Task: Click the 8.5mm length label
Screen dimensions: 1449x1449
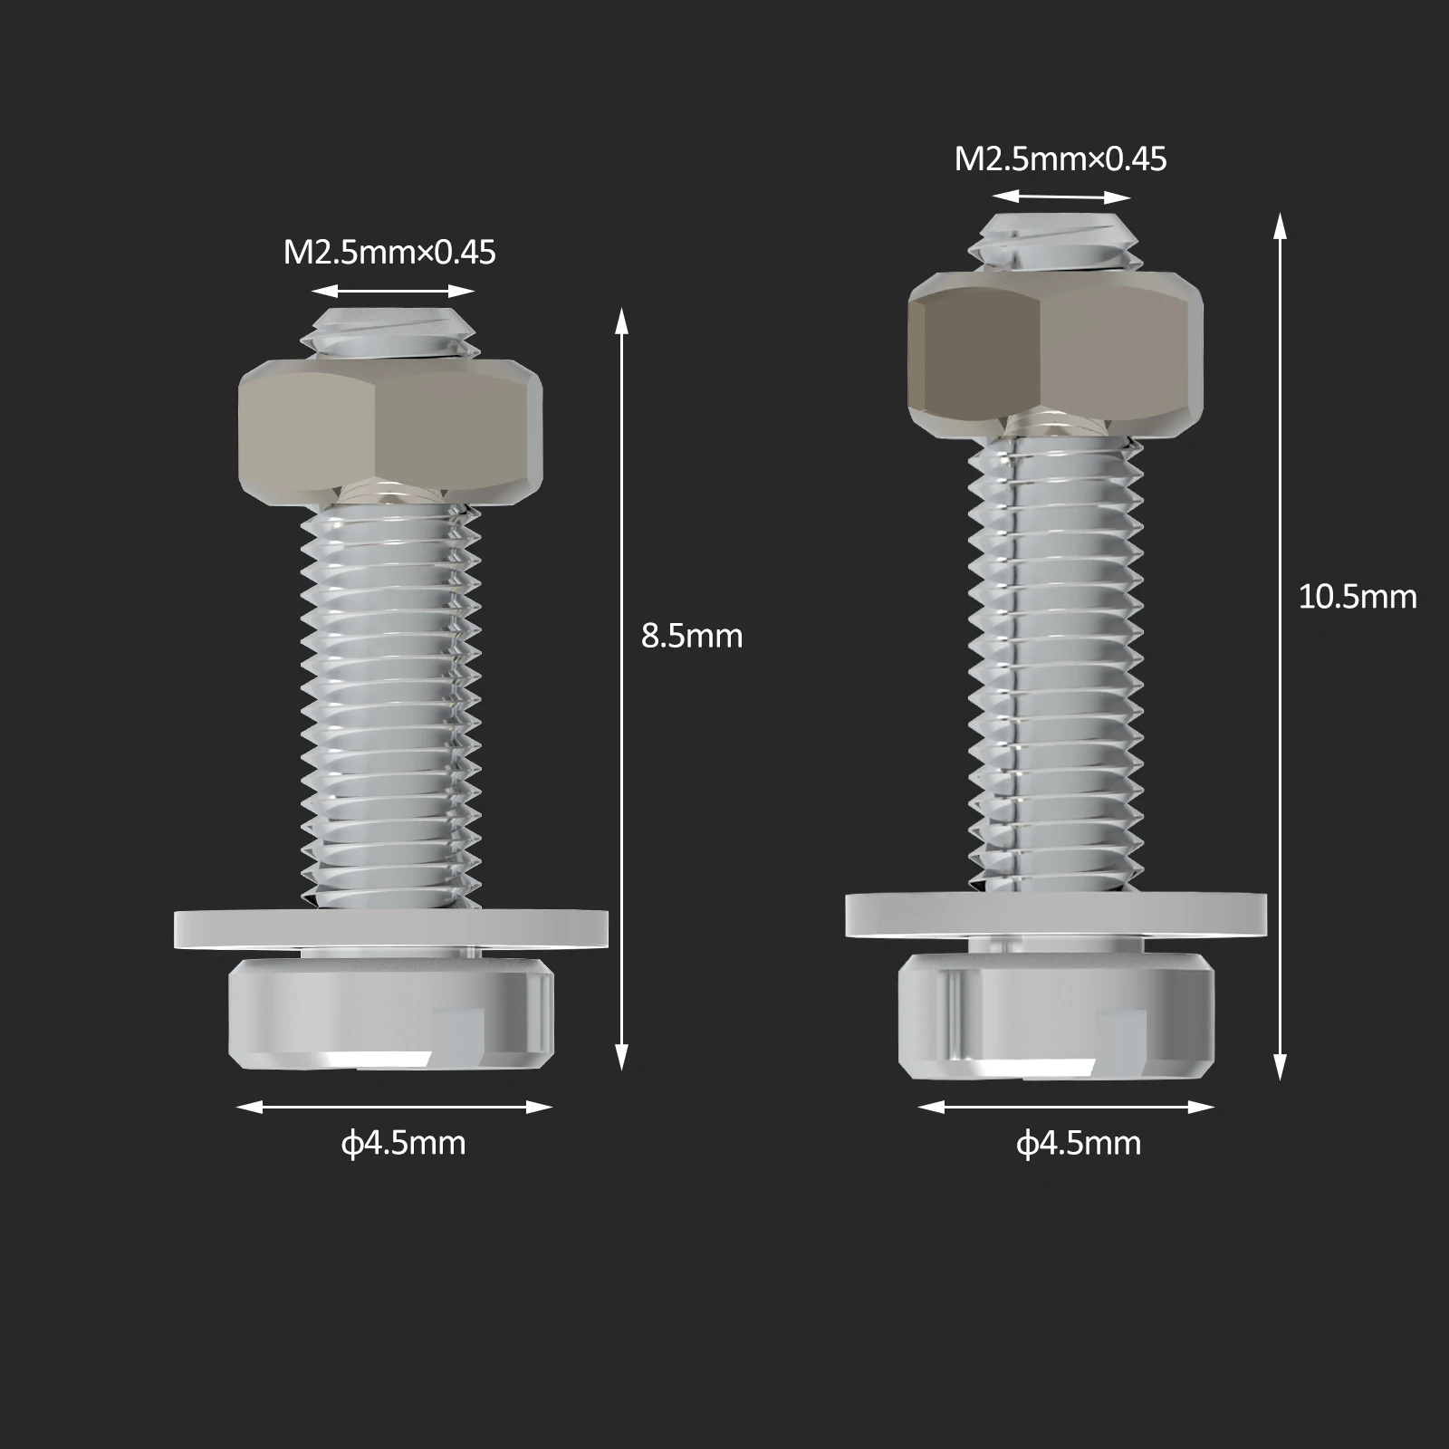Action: point(691,637)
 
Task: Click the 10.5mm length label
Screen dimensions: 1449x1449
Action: point(1357,598)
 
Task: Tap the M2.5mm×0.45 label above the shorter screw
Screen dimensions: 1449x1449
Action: point(389,253)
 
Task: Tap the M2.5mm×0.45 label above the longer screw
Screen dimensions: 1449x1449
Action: point(1060,159)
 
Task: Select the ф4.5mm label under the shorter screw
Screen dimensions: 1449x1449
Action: point(403,1143)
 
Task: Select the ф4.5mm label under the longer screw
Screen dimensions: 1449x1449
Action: point(1078,1144)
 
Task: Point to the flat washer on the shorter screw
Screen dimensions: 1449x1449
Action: point(390,929)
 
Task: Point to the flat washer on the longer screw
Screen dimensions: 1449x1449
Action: point(1056,915)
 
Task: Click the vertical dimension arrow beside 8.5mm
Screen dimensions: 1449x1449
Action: point(621,688)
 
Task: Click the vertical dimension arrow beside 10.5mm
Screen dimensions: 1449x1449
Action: point(1280,648)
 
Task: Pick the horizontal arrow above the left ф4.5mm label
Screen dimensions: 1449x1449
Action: point(394,1107)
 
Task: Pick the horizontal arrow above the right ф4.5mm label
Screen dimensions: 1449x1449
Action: point(1066,1107)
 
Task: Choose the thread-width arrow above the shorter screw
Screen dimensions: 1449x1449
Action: point(393,291)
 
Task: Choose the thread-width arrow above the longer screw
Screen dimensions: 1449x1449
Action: point(1060,197)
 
